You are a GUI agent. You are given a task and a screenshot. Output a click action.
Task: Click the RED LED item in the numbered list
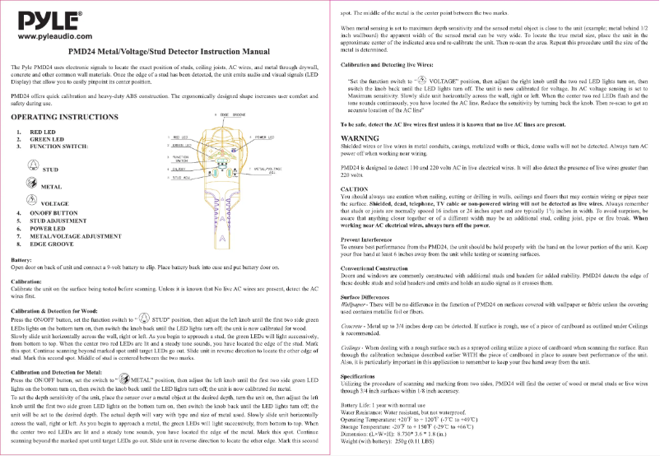click(43, 132)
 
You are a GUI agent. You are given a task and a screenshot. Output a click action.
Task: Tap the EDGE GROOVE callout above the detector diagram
click(230, 114)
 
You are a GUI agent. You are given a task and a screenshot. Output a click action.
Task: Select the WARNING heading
click(360, 137)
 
